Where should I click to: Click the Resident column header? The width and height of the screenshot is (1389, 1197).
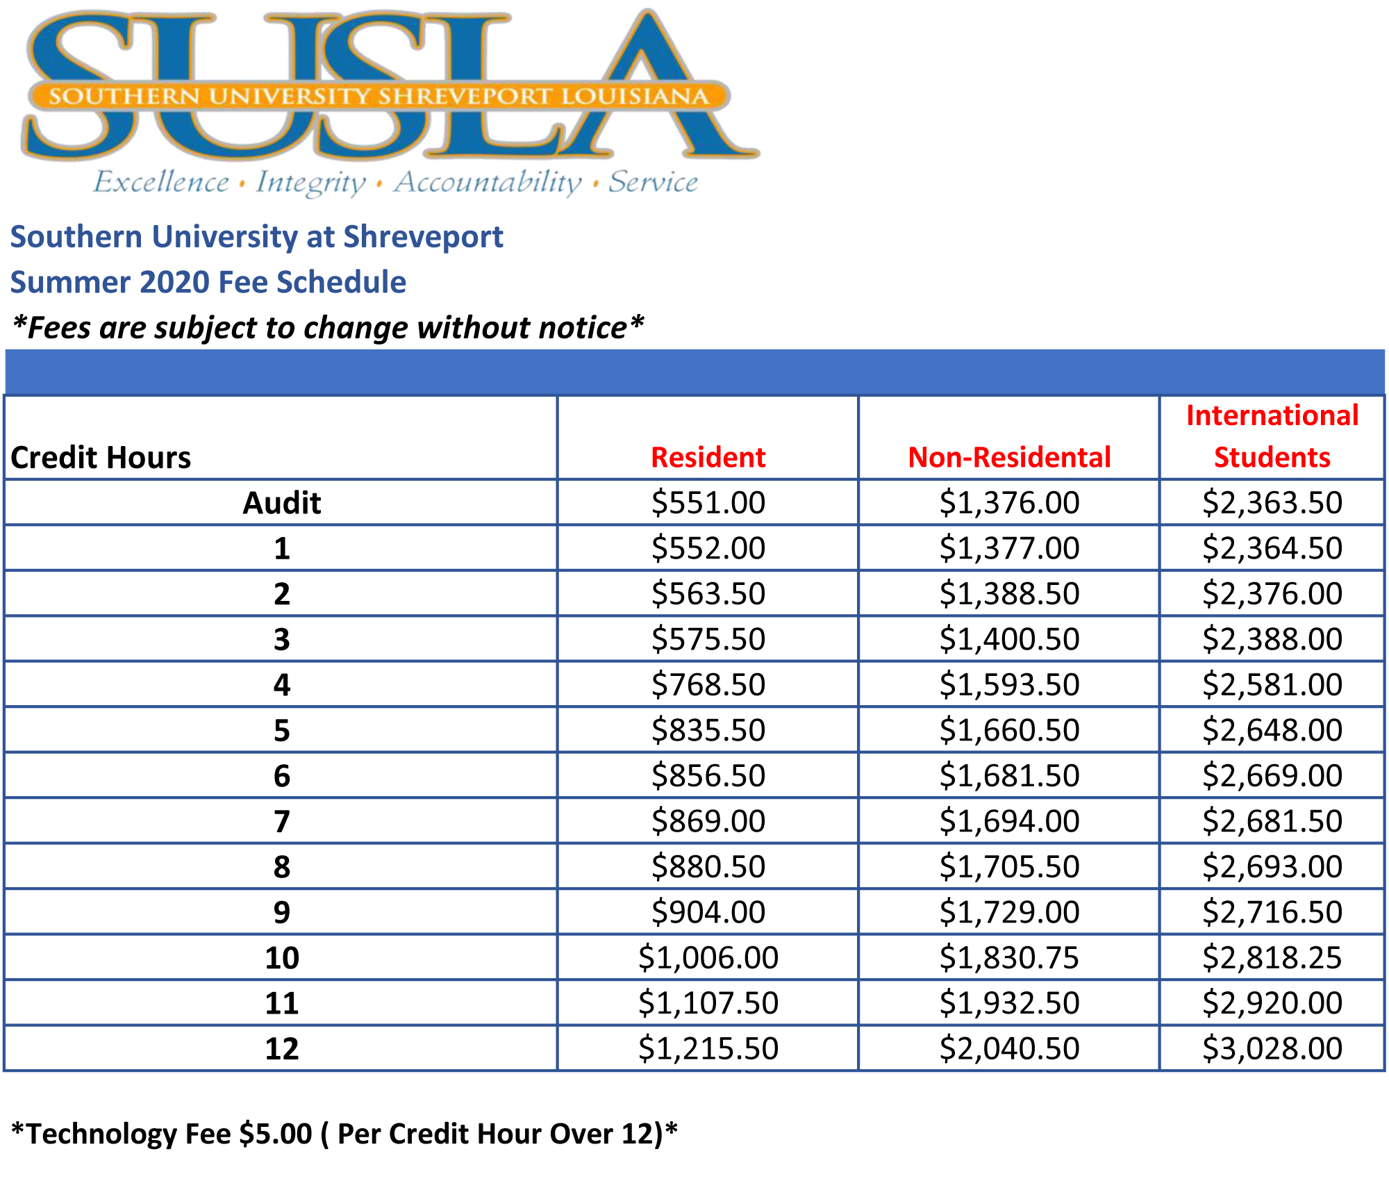point(708,457)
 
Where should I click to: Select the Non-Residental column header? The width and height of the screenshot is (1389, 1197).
point(1009,457)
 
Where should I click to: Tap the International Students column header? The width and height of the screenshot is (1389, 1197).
point(1272,436)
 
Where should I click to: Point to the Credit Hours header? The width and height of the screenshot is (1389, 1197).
point(101,457)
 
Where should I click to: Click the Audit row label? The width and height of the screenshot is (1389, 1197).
point(281,502)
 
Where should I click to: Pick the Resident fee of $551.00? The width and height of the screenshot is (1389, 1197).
point(708,502)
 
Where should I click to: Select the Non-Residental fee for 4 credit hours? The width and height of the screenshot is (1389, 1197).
point(1009,684)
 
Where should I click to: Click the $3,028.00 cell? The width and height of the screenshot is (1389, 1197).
point(1272,1048)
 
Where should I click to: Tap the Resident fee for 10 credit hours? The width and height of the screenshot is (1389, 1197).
point(708,957)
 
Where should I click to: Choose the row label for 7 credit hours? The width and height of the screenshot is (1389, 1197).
point(281,821)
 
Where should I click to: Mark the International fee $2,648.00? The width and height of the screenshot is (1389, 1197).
point(1272,730)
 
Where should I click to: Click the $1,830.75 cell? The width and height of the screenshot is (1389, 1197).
point(1009,957)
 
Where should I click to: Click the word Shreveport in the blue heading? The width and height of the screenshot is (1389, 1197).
point(423,237)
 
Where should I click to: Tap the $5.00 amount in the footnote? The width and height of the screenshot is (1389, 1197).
point(276,1133)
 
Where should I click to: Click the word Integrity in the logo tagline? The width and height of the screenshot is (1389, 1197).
point(310,182)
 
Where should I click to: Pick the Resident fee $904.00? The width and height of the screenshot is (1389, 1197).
point(708,912)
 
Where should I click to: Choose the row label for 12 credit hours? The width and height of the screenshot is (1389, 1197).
point(281,1048)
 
